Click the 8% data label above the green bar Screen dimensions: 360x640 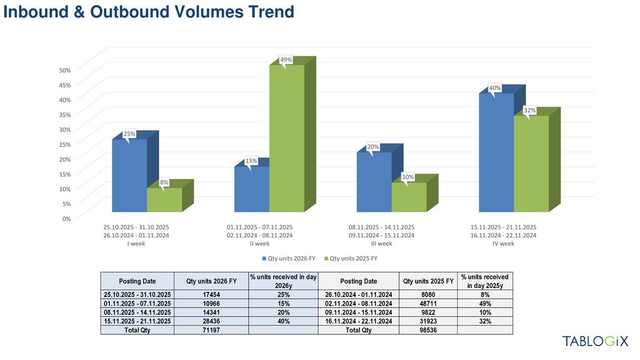pos(164,182)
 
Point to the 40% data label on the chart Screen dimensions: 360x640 pos(495,88)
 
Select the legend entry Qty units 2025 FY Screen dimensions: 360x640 pos(353,258)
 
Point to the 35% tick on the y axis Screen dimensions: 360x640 pos(66,114)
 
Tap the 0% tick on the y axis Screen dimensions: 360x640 pos(66,218)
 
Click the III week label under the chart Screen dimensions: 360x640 pos(381,244)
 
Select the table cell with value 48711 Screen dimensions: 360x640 pos(428,303)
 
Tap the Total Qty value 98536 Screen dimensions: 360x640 pos(428,330)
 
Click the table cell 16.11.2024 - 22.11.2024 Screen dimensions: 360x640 pos(358,321)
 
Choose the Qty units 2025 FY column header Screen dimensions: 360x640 pos(428,281)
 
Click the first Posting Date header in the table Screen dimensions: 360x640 pos(137,281)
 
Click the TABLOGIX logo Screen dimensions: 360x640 pos(595,341)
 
